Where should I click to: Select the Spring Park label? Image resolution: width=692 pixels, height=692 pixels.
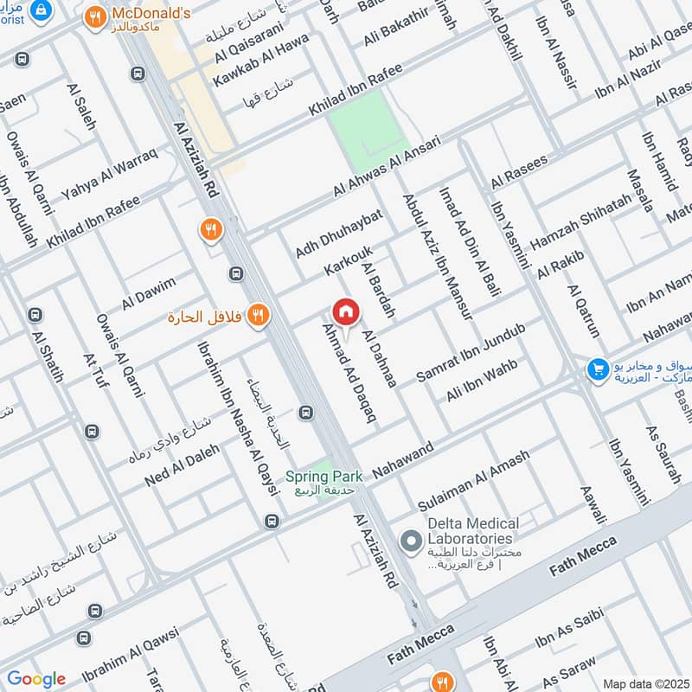324,477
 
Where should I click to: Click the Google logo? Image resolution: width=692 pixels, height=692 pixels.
36,678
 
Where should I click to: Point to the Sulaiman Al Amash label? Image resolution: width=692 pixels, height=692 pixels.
473,486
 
